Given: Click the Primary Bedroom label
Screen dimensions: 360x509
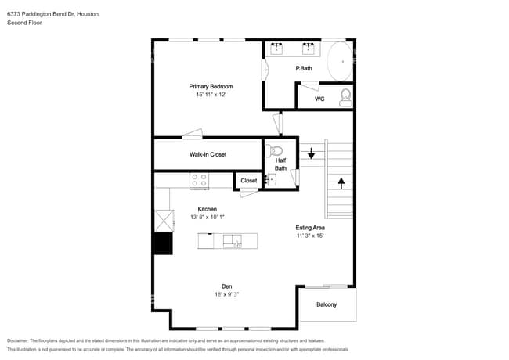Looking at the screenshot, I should (x=211, y=86).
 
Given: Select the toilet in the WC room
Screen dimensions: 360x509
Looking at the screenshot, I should (x=345, y=97).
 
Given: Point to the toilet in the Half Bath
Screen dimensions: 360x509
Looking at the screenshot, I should (x=275, y=151).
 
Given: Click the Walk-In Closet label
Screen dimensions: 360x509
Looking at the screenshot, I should (x=208, y=154).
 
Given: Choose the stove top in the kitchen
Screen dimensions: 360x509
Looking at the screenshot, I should (x=199, y=181).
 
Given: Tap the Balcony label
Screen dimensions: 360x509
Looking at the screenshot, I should (x=327, y=304).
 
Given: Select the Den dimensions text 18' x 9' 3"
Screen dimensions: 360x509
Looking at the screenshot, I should (x=226, y=294).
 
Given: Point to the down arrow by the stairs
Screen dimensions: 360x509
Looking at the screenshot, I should (x=311, y=153).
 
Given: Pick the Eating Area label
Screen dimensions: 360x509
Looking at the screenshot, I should (x=310, y=227).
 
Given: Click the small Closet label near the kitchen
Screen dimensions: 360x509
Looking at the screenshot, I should (x=248, y=181).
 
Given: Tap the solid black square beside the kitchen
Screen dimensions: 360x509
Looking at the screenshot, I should (x=163, y=243).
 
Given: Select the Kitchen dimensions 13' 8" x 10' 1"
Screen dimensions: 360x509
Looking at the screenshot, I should (x=207, y=217).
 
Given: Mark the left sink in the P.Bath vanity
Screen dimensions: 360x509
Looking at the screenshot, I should (x=278, y=49).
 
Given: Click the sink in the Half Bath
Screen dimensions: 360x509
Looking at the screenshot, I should (x=271, y=180).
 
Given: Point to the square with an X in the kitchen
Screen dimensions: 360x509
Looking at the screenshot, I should (x=163, y=220).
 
